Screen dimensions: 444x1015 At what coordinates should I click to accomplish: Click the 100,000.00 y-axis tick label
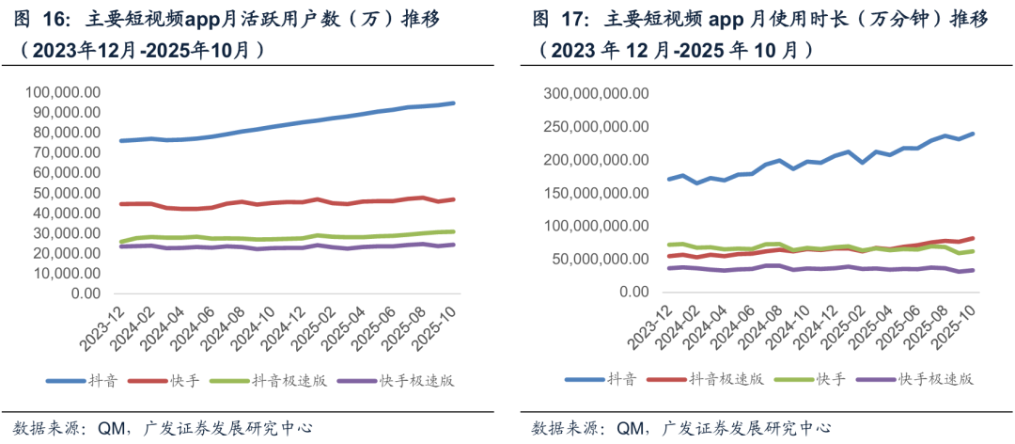click(65, 92)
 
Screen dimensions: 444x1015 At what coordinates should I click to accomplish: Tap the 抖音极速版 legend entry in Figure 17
click(728, 378)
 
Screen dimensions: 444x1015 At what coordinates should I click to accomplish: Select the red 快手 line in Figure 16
click(282, 202)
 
